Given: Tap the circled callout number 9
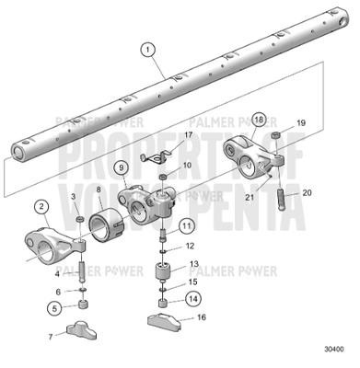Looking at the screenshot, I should coord(121,168).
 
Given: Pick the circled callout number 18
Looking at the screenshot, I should coord(259,120).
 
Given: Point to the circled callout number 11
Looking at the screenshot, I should coord(186,225).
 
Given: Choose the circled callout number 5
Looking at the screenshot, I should coord(55,307).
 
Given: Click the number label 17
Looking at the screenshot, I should coord(189,135).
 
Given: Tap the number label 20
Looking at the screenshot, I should coord(307,193).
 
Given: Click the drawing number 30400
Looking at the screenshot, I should coord(336,350).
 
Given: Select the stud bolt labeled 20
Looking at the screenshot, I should coord(282,198).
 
